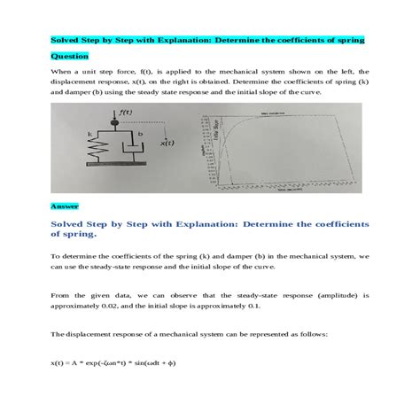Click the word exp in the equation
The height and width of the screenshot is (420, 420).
tap(103, 363)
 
